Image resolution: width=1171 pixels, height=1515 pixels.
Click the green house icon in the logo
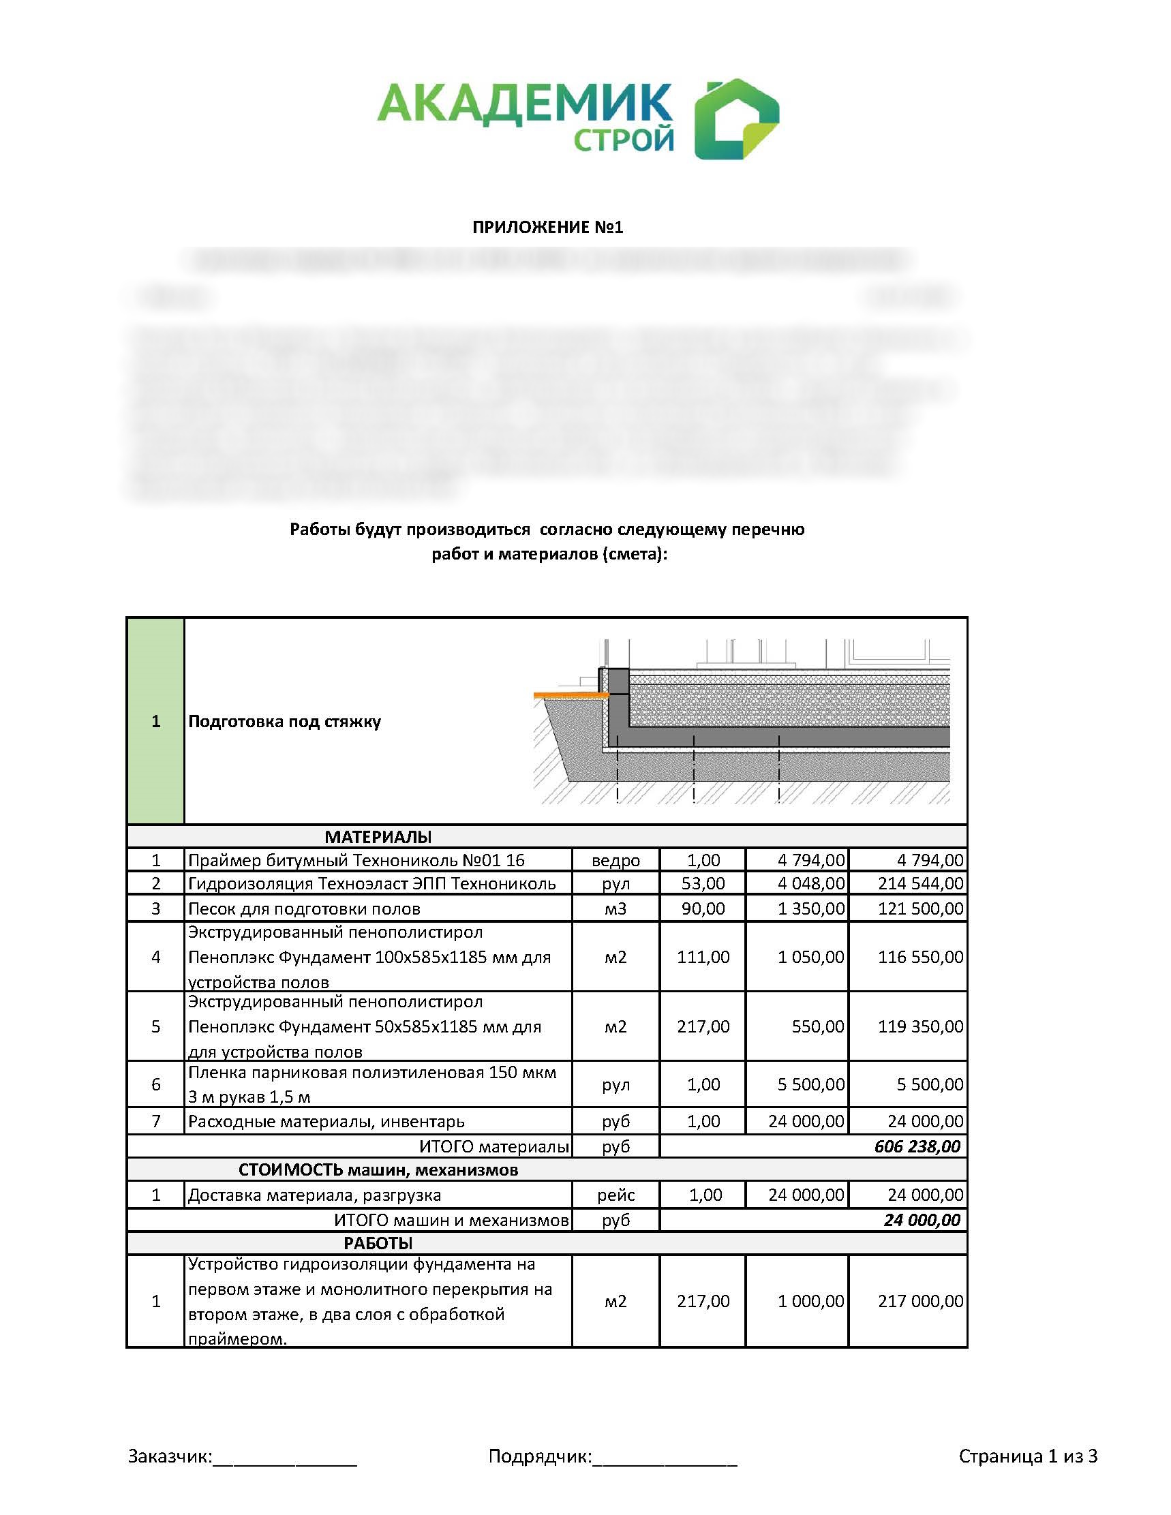(x=736, y=119)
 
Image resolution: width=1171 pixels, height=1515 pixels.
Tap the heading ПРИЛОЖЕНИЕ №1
(x=547, y=228)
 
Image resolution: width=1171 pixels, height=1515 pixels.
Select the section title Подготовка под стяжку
(x=284, y=722)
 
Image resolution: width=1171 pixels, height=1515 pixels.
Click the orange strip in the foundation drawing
(x=571, y=694)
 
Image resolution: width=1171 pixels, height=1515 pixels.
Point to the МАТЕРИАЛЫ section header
(x=378, y=837)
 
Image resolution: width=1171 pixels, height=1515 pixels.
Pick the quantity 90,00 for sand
(x=703, y=908)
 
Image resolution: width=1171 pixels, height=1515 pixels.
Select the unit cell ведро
(x=615, y=860)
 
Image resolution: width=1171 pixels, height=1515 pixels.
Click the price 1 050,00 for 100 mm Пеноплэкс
(x=810, y=957)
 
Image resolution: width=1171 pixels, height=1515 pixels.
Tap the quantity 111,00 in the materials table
(x=703, y=957)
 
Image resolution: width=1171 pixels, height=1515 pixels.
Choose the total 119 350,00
(x=920, y=1026)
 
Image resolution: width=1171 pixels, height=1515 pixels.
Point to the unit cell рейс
(x=615, y=1195)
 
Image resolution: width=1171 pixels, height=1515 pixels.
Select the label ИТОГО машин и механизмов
(x=451, y=1219)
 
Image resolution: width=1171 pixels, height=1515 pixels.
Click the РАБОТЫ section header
(x=378, y=1242)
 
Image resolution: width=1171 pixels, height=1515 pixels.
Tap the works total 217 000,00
(x=920, y=1300)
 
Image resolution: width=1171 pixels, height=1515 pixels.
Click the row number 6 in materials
(x=155, y=1084)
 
